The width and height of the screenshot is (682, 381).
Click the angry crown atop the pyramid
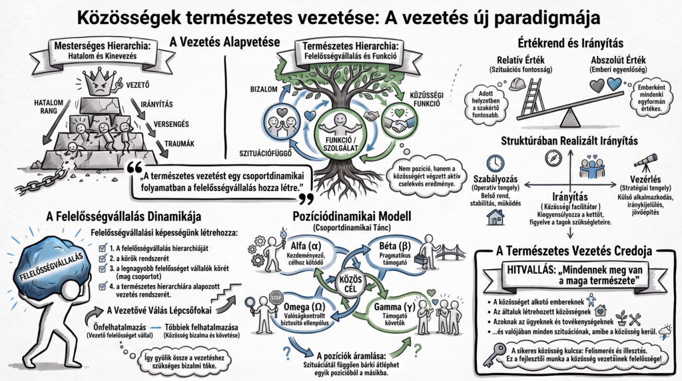(x=100, y=83)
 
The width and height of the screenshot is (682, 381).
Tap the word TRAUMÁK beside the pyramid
(x=180, y=143)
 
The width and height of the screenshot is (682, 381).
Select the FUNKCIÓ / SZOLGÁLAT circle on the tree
(x=340, y=133)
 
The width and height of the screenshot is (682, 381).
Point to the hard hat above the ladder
(x=517, y=84)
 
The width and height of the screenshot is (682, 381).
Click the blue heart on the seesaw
(x=614, y=84)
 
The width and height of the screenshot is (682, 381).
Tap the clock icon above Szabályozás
(x=496, y=163)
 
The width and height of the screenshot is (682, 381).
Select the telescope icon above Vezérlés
(x=645, y=161)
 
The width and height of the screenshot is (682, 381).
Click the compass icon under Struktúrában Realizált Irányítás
(x=553, y=159)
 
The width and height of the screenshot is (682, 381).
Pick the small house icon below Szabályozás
(x=496, y=216)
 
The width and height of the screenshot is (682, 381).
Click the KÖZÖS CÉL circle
(x=350, y=284)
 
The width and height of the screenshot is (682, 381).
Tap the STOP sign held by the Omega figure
(x=276, y=298)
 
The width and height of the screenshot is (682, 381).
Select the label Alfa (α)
(x=306, y=246)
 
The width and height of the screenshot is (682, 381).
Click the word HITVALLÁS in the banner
(x=529, y=270)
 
